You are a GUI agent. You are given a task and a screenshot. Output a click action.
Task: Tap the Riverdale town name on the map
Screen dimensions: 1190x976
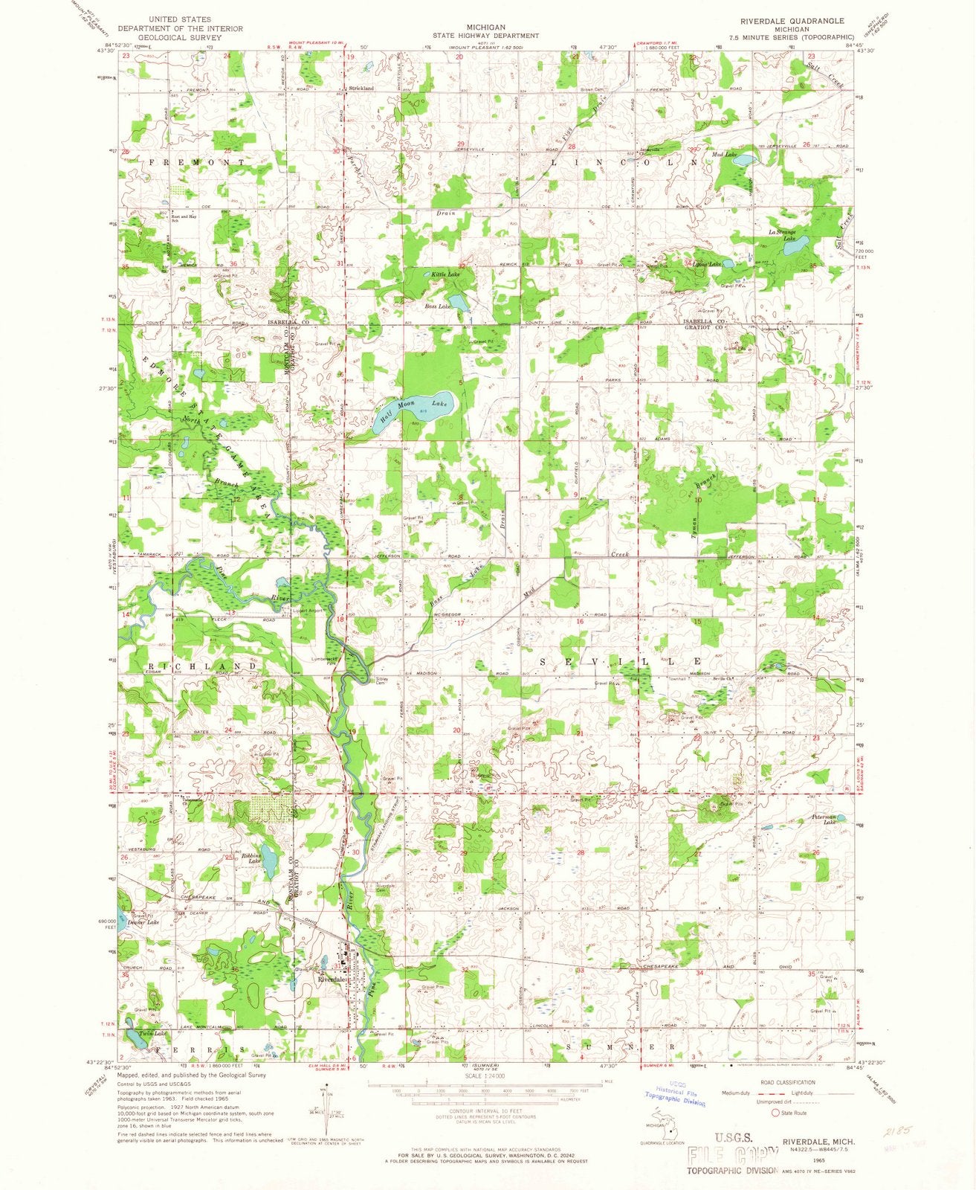[332, 980]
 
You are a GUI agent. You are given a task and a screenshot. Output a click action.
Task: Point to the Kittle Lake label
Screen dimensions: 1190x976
[445, 275]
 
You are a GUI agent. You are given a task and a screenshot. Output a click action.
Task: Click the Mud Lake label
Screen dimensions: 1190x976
[724, 155]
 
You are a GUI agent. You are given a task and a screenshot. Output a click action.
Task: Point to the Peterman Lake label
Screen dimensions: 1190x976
[824, 819]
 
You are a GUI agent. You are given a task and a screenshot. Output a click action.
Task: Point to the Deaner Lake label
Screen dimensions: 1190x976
[143, 922]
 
